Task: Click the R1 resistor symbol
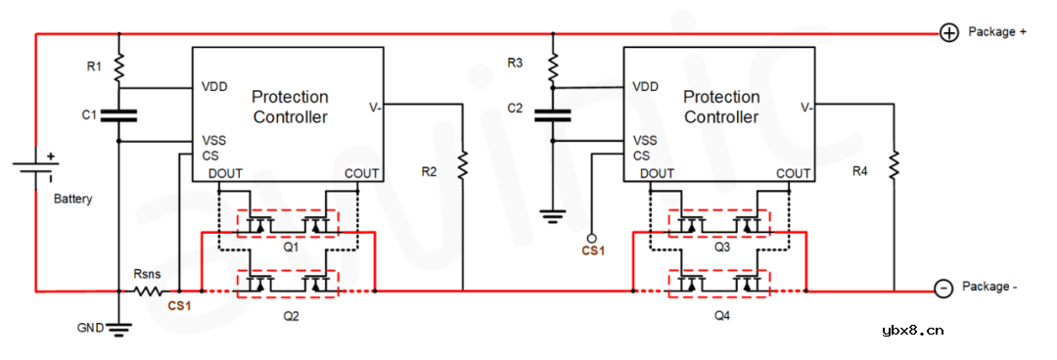[118, 67]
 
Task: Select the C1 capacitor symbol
[118, 115]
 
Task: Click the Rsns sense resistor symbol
[147, 291]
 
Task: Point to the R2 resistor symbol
[462, 164]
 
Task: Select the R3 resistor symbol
[552, 66]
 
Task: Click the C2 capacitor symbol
[552, 115]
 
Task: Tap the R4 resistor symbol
[894, 164]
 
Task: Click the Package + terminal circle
[948, 33]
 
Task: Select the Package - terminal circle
[943, 289]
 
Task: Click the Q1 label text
[291, 248]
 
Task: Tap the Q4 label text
[721, 316]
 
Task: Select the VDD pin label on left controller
[214, 86]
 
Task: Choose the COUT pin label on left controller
[362, 174]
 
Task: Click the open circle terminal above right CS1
[592, 238]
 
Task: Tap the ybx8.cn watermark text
[912, 329]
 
